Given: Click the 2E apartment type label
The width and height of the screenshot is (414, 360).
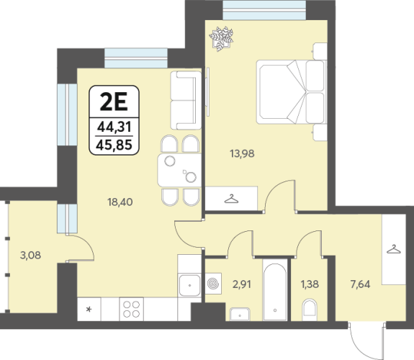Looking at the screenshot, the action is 114,102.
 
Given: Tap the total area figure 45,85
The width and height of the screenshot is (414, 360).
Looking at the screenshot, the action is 114,145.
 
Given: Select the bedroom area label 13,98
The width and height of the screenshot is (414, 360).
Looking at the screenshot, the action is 242,153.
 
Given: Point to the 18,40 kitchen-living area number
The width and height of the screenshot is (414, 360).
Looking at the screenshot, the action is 120,202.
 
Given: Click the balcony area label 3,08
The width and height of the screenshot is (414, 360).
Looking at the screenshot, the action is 31,256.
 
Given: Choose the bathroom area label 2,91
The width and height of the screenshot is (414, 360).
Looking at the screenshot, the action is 242,284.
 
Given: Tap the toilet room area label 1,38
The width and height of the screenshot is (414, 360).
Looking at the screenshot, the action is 310,284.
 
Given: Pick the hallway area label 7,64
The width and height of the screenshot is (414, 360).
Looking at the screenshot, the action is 360,284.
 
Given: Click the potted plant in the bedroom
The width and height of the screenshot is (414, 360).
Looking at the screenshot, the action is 221,39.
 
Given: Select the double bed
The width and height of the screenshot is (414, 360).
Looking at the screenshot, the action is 292,92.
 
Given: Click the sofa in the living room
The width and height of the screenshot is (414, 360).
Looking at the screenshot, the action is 186,100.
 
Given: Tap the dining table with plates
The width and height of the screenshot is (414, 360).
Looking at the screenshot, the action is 179,171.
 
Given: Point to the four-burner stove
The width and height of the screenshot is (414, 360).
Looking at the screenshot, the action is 131,310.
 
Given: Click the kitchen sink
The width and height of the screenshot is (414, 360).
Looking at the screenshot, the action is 189,285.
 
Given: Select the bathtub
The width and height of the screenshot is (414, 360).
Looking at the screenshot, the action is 275,292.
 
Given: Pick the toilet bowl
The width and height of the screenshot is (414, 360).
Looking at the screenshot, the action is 309,310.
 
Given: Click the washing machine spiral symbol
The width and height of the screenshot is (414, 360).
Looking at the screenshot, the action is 213,284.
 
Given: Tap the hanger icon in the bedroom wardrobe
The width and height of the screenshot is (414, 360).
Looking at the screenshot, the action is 231,199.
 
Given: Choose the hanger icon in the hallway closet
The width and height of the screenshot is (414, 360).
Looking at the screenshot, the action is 394,249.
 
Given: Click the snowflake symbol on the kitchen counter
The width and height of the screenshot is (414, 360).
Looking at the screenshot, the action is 89,309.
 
